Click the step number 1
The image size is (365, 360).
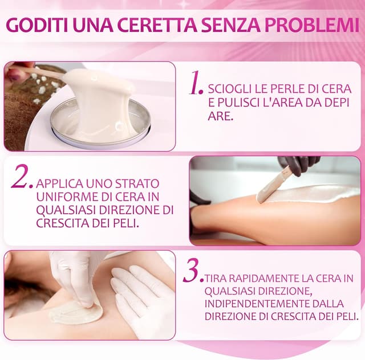click(x=196, y=85)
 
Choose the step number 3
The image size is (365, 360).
click(x=192, y=272)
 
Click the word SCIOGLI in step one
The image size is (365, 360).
click(x=229, y=90)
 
